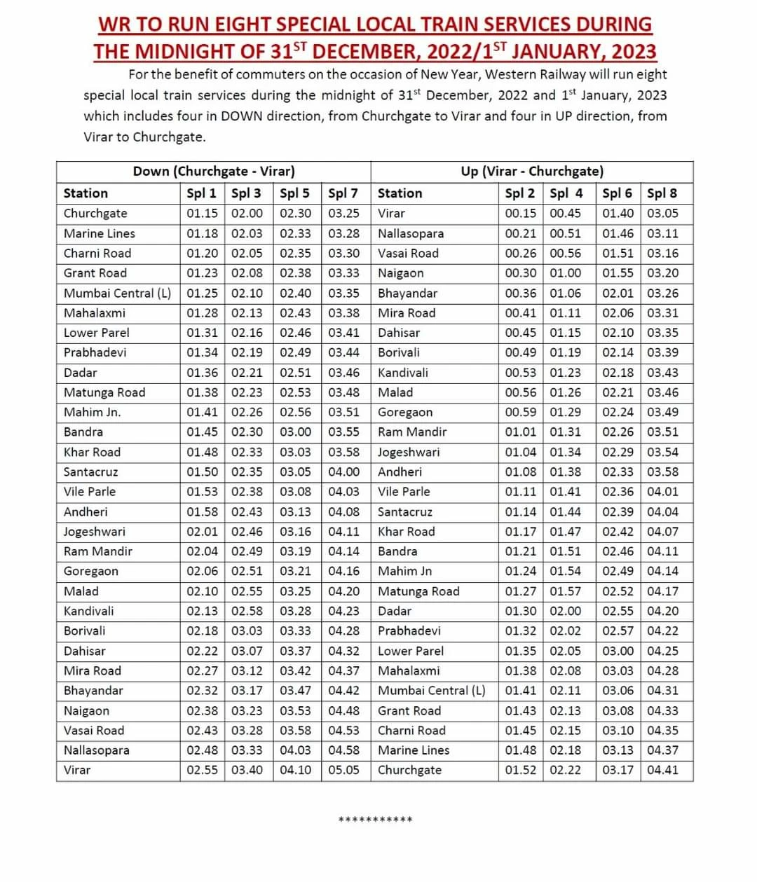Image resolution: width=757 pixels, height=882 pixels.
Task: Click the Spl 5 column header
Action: pos(294,193)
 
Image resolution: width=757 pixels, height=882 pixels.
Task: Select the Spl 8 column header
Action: pos(662,193)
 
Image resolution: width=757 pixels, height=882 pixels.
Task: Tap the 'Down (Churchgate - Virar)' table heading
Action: pos(214,172)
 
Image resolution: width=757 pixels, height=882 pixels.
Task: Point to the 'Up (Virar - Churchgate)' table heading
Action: pos(532,172)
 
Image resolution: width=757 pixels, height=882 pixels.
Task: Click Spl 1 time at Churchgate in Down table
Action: pos(202,214)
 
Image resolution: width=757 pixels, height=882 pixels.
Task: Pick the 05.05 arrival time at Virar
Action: pos(343,770)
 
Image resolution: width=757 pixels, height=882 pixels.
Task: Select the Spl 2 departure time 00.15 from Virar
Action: pos(520,214)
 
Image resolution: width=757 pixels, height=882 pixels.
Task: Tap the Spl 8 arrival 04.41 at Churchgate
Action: pos(662,770)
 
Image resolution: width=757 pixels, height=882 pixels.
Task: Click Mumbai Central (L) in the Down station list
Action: pos(117,293)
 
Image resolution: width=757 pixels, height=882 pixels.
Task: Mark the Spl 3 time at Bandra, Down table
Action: pos(247,432)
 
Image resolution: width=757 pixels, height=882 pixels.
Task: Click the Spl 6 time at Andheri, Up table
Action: pos(618,472)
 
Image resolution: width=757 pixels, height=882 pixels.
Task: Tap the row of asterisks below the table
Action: pos(375,820)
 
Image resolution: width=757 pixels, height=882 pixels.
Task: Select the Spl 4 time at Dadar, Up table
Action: pos(565,611)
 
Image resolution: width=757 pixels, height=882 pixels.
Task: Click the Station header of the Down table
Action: pos(86,193)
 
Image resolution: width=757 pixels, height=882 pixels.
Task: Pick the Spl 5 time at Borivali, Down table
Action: pos(295,631)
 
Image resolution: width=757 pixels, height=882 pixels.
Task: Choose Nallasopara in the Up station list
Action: pos(411,233)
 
